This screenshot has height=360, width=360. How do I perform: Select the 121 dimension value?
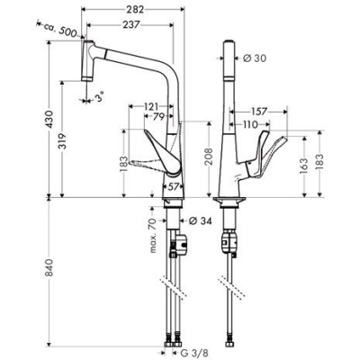[x=153, y=106]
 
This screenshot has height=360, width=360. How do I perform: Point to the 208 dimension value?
[x=208, y=157]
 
